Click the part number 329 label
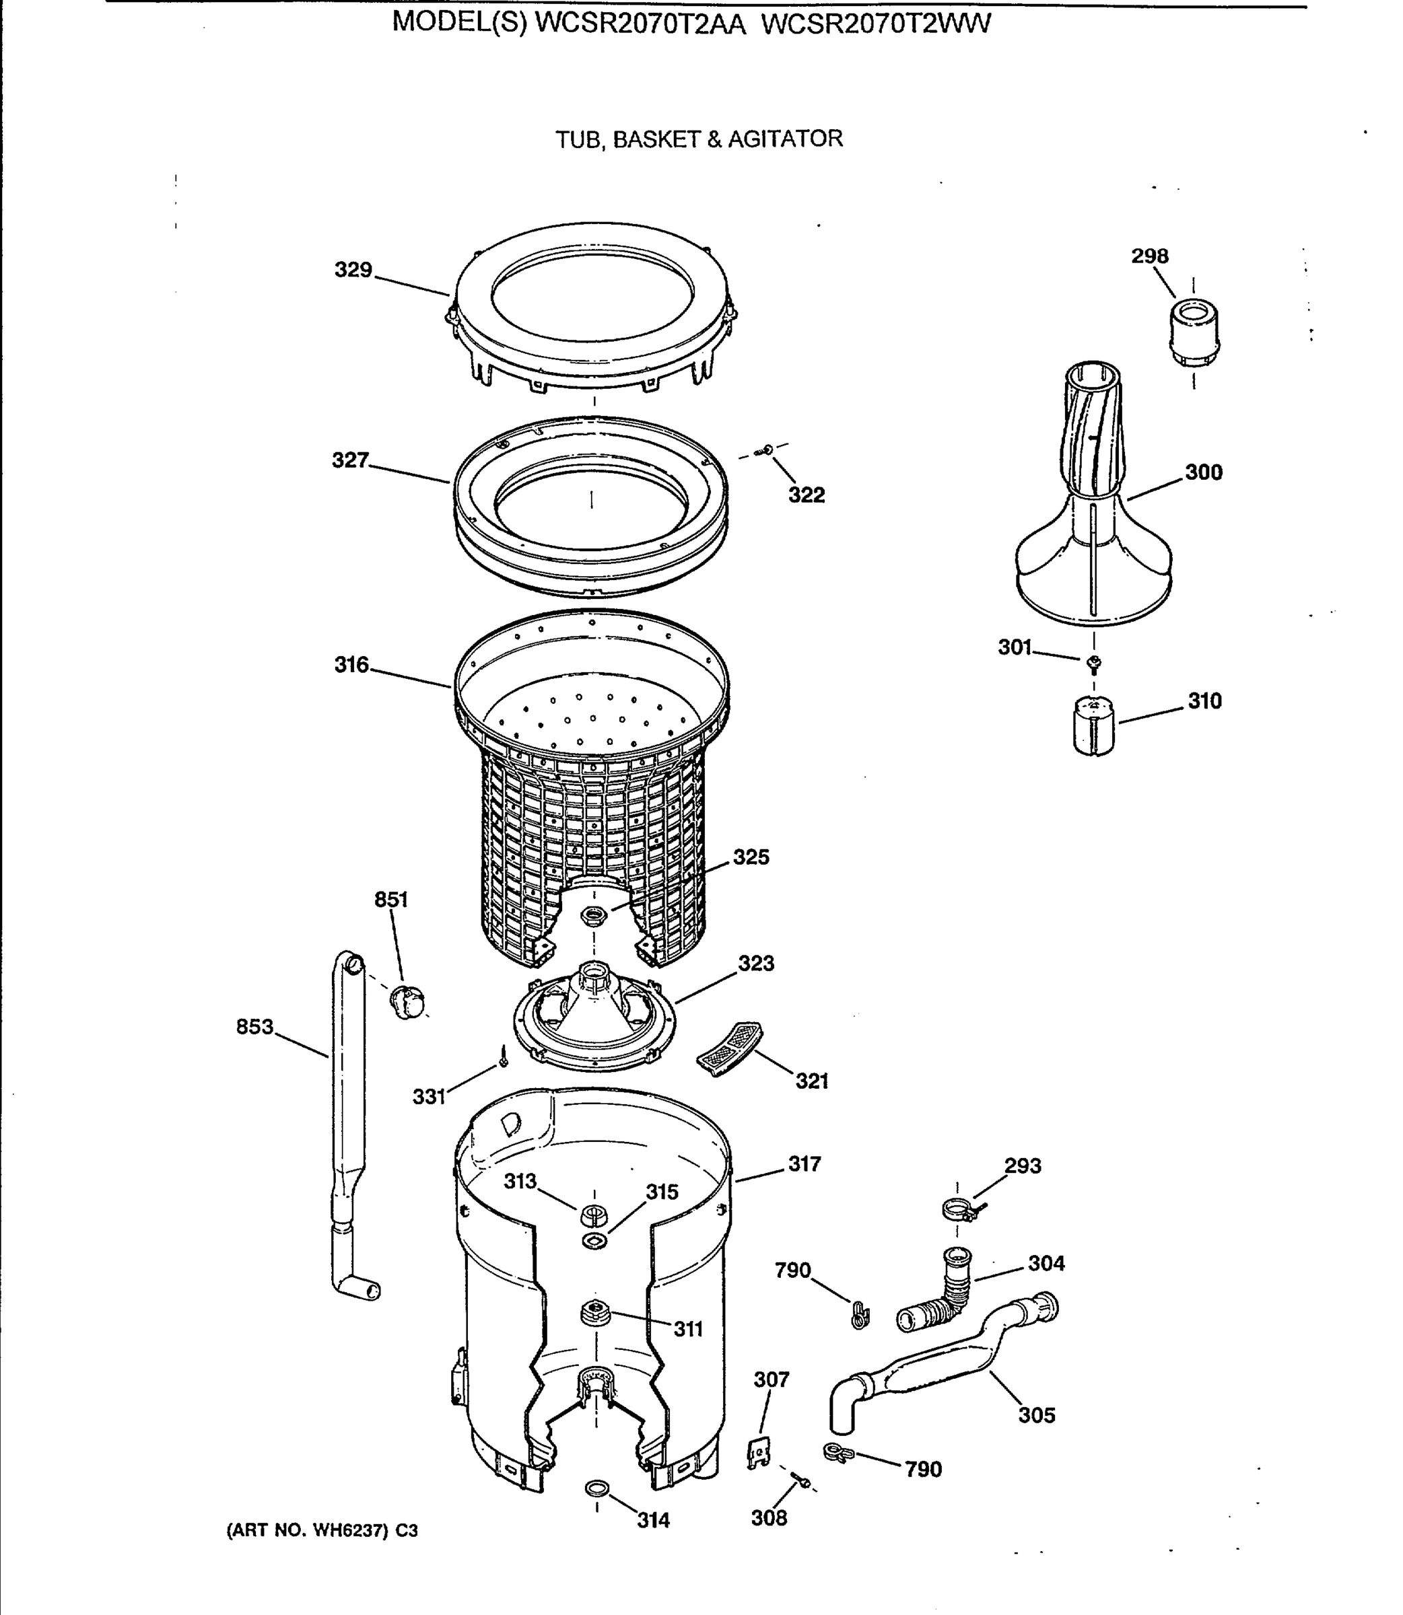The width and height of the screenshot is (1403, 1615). (x=353, y=270)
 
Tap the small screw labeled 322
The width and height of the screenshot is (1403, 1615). (x=765, y=450)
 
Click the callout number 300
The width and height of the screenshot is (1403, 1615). (x=1203, y=472)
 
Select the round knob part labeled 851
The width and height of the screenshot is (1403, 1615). (x=408, y=1003)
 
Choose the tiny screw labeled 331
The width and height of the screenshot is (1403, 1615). (x=504, y=1061)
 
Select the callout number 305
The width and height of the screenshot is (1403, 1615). (x=1037, y=1414)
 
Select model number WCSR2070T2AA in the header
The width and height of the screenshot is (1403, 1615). (x=640, y=25)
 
